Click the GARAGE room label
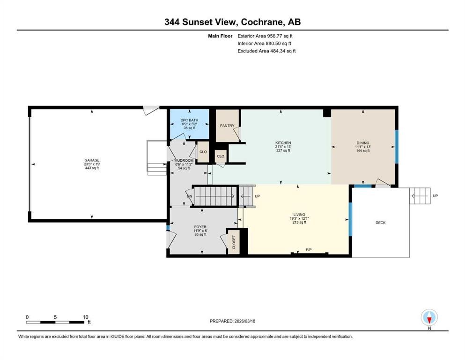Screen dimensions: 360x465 tap(92, 160)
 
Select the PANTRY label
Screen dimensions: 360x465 tap(227, 126)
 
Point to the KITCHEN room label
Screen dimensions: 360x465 tap(283, 142)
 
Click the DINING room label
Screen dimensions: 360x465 tap(363, 143)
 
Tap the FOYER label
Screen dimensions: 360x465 tap(200, 227)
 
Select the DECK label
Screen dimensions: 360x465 tap(381, 223)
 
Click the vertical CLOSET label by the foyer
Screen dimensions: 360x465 tap(233, 242)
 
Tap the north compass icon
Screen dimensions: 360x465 tap(429, 318)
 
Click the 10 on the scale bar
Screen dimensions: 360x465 tap(85, 317)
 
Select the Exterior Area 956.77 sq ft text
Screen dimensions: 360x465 tap(265, 36)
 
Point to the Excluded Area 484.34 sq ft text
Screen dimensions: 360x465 tap(266, 51)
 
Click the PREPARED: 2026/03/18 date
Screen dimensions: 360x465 tap(232, 321)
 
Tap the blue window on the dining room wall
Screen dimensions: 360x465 tap(397, 146)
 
